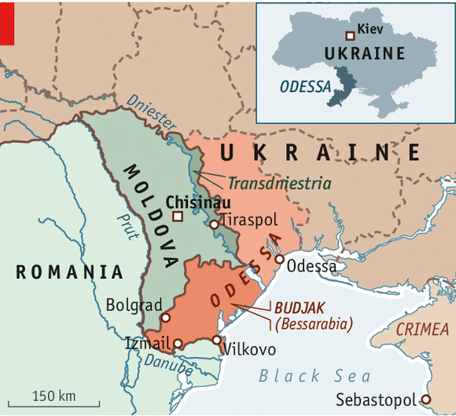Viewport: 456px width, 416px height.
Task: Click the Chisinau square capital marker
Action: [178, 216]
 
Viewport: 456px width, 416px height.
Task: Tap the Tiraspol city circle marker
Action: [213, 224]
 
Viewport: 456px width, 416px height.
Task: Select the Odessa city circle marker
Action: [279, 259]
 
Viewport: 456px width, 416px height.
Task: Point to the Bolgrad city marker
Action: [165, 318]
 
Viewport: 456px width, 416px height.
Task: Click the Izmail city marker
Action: [178, 343]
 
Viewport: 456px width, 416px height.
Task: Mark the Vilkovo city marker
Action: [217, 340]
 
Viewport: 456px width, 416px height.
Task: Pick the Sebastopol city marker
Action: [426, 398]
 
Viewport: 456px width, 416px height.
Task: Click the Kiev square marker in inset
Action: [350, 35]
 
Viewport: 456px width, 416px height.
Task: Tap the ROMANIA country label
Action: [70, 272]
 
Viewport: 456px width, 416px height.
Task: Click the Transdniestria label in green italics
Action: [268, 184]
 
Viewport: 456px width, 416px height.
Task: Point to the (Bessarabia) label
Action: [313, 323]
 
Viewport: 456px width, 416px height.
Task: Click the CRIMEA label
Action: [422, 330]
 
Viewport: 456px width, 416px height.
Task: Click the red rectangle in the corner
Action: [7, 22]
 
